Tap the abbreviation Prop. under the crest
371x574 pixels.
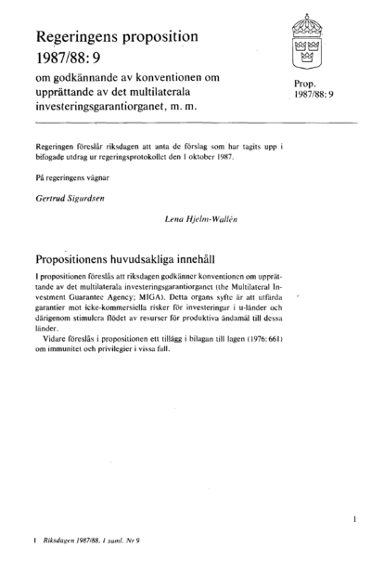(306, 84)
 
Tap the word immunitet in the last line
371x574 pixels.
(70, 347)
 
